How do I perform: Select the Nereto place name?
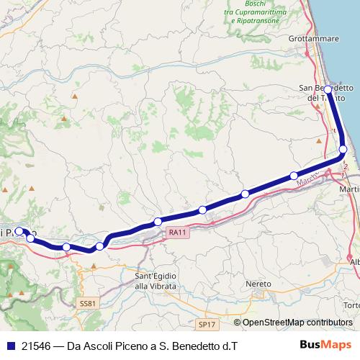point(258,283)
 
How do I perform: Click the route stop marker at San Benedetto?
point(328,89)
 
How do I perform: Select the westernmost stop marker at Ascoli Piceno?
point(19,232)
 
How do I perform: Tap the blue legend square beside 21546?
point(9,346)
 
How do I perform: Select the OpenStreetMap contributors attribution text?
point(297,323)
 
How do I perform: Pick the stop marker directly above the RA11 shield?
point(158,221)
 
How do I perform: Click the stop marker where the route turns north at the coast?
point(343,149)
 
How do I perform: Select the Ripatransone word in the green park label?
point(265,22)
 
